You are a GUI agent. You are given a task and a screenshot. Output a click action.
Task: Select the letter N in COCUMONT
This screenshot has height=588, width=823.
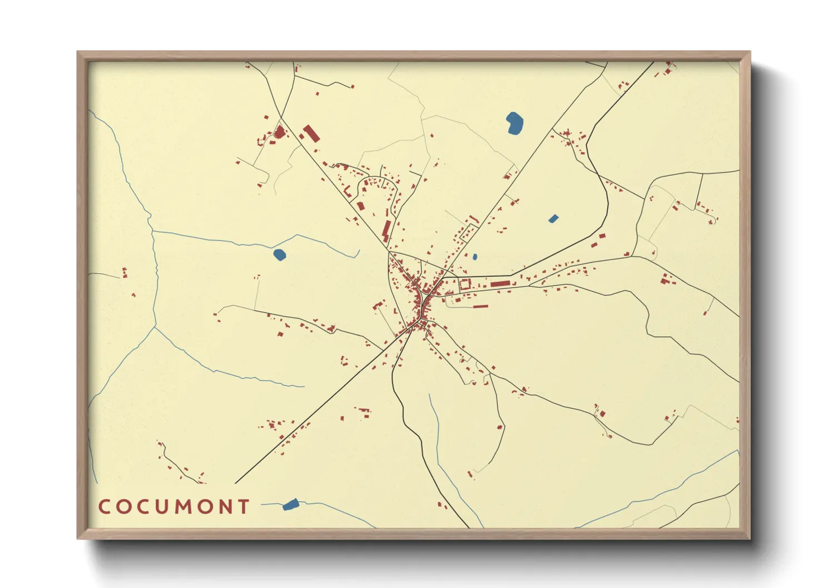coord(225,506)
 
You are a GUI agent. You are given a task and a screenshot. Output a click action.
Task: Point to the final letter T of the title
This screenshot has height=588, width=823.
coord(244,506)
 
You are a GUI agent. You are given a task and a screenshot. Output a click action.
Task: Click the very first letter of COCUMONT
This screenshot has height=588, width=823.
coord(104,506)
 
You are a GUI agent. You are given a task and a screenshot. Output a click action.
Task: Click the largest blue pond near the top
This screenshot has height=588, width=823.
coord(515,123)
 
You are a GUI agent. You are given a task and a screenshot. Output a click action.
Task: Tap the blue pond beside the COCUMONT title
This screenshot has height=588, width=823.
coord(290,505)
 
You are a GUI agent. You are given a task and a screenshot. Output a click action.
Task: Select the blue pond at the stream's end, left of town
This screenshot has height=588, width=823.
coord(279,255)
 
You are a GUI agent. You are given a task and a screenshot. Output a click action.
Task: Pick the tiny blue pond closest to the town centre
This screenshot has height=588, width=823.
coord(474,257)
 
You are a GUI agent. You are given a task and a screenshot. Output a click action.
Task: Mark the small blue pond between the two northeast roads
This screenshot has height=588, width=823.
coord(553,218)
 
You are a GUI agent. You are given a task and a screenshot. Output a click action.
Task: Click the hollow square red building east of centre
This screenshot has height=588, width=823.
coord(464,285)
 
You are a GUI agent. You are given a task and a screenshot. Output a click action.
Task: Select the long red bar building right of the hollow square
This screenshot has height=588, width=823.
coord(500,283)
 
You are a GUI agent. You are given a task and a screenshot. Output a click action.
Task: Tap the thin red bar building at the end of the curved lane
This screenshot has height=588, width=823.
coord(480,306)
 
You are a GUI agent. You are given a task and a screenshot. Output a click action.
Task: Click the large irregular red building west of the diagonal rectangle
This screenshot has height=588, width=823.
coord(279,132)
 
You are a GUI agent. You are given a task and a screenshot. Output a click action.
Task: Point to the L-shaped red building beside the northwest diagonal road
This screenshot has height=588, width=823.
coord(386,231)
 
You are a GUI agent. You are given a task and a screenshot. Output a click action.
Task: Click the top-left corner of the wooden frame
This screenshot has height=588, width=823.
coord(78,52)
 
